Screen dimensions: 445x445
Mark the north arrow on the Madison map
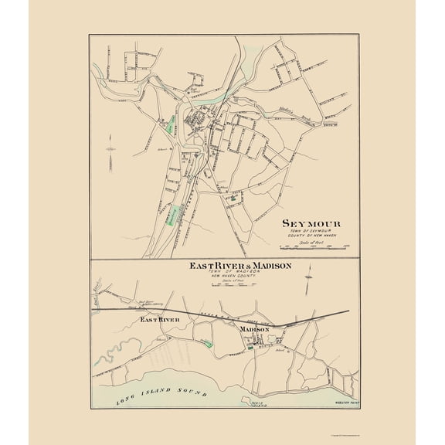click(x=308, y=274)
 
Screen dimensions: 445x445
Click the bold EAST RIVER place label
click(x=159, y=318)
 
